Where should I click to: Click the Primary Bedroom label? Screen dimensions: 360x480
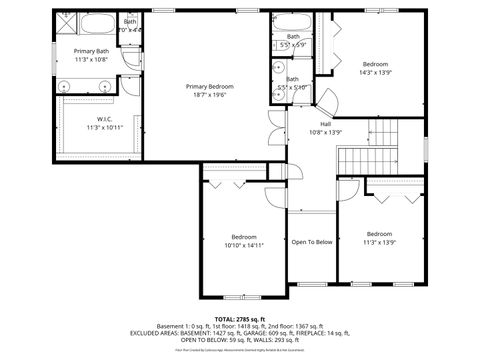click(x=209, y=87)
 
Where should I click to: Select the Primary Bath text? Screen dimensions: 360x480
click(x=91, y=51)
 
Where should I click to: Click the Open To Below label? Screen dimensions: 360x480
click(x=311, y=242)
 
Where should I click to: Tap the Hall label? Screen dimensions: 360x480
click(x=325, y=123)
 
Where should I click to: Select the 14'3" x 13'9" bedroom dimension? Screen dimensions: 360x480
click(x=376, y=71)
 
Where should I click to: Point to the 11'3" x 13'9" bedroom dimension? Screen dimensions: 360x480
click(x=379, y=242)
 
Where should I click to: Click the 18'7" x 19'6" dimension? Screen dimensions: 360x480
click(x=209, y=96)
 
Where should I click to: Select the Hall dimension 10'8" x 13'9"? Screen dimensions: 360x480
click(x=325, y=132)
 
